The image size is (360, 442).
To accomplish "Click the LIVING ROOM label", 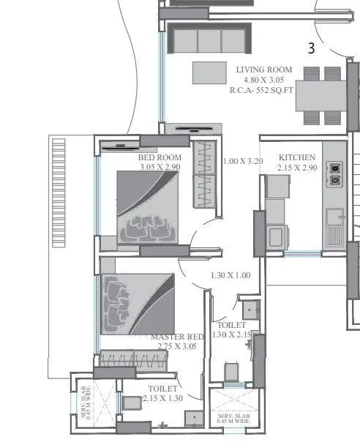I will click(264, 70).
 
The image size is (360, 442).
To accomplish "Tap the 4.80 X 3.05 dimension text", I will click(264, 80).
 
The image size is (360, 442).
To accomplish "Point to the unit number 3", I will click(311, 49).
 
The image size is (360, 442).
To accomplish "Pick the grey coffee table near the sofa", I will click(209, 72).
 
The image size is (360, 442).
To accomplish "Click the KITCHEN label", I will click(297, 157).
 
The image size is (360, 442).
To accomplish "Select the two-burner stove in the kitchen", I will click(335, 173).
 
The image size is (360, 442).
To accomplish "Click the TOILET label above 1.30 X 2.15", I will click(231, 324).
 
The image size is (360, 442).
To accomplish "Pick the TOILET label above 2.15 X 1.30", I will click(162, 389).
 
